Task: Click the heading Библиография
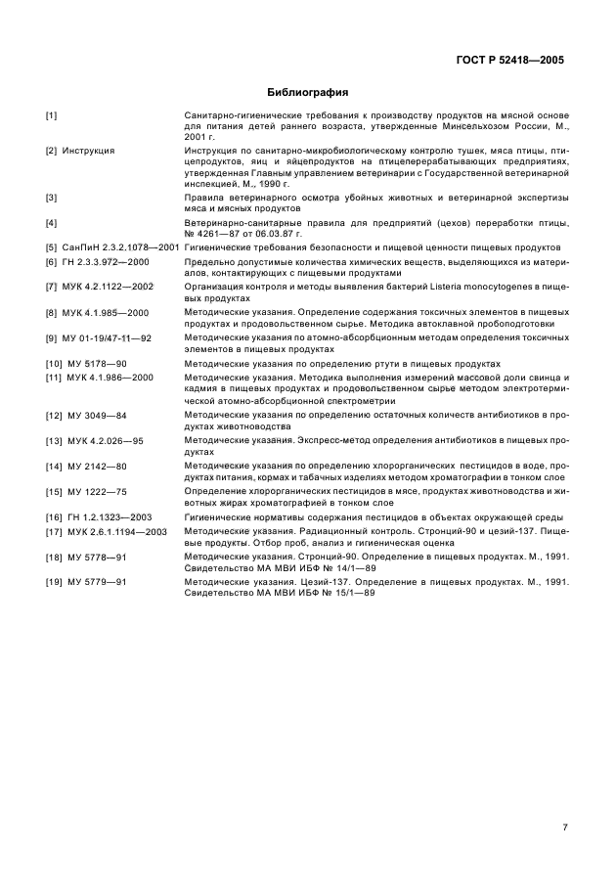coord(308,92)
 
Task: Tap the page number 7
coord(566,799)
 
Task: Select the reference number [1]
coord(52,116)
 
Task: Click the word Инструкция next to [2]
coord(88,151)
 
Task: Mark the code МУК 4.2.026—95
coord(103,441)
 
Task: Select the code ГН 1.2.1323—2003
coord(110,516)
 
